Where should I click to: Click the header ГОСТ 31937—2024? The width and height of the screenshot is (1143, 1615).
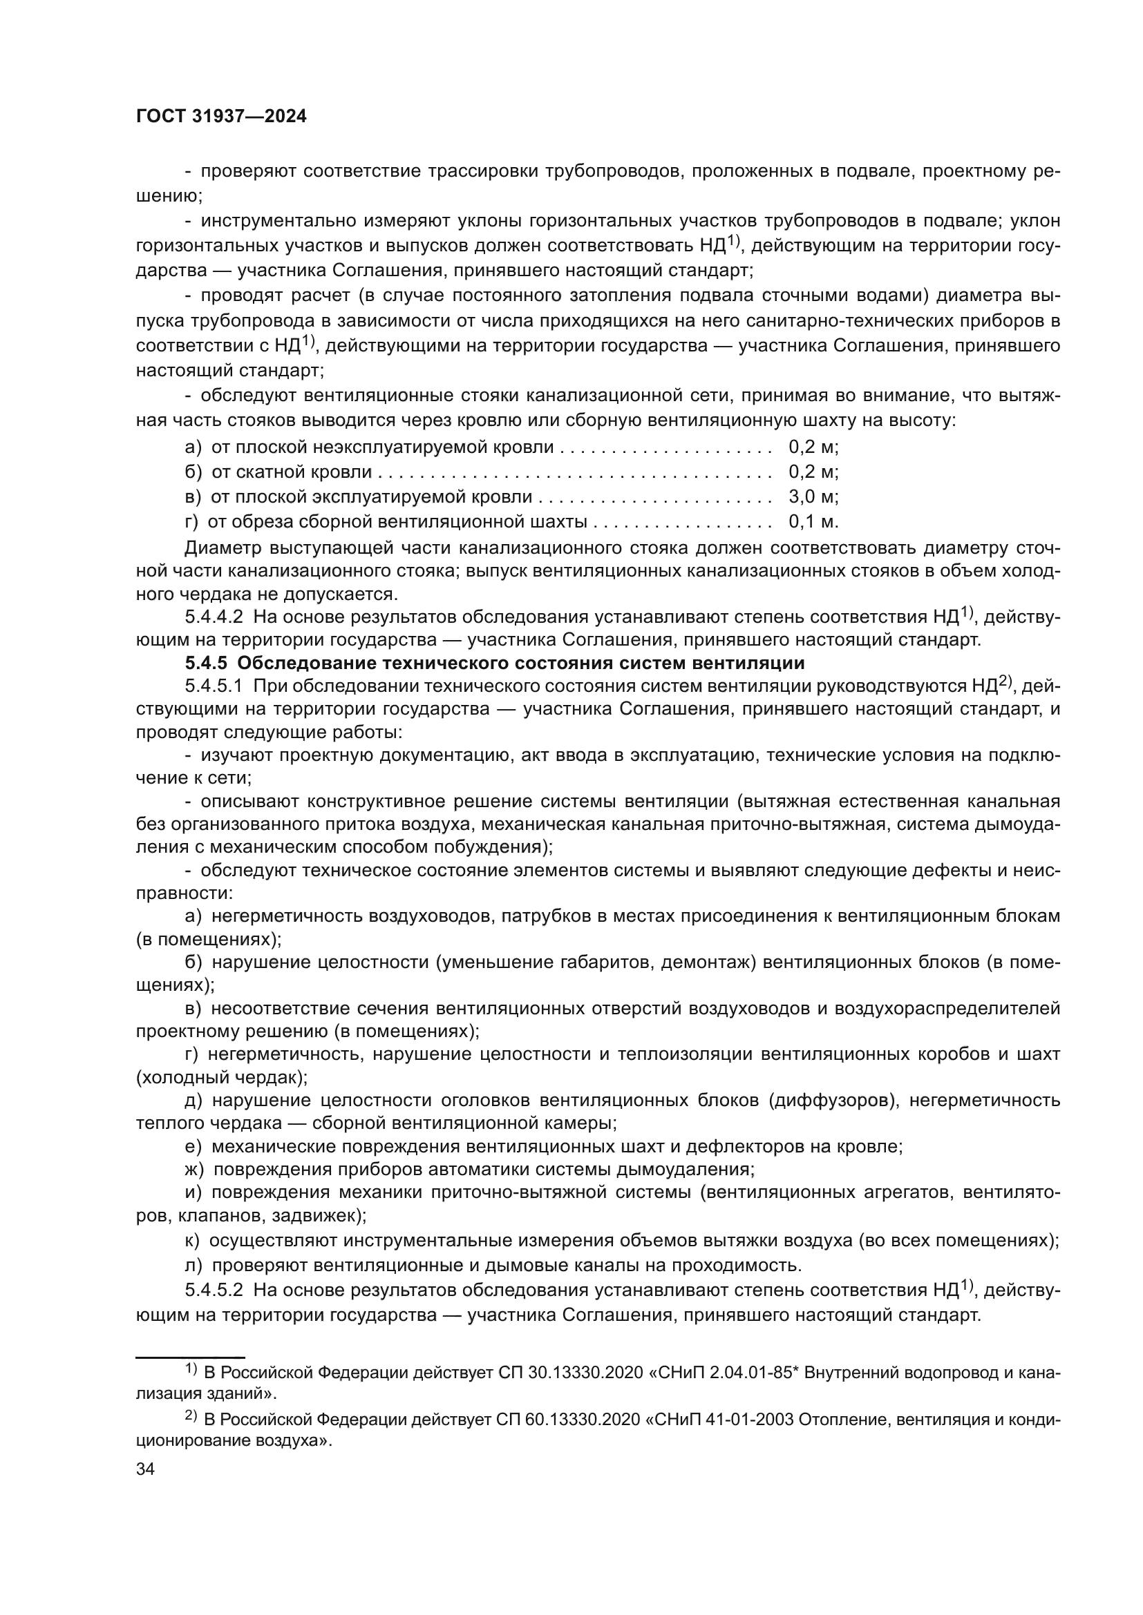(x=221, y=117)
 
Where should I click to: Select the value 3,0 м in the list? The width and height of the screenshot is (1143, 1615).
(x=813, y=496)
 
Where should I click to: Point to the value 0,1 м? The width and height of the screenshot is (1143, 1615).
(x=813, y=521)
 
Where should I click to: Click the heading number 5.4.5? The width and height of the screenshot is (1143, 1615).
(x=207, y=664)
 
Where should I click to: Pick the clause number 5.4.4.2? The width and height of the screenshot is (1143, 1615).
(x=214, y=617)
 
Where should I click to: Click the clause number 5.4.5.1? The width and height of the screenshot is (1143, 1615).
(x=214, y=686)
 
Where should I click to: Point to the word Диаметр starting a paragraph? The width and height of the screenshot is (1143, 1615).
(x=223, y=548)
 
